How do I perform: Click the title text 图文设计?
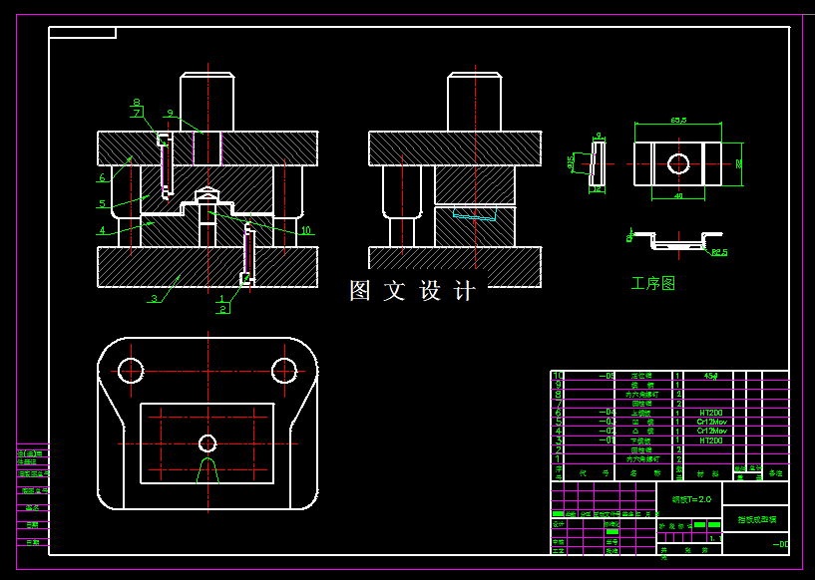point(412,291)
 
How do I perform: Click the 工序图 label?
point(653,284)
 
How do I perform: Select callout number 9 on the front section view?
point(171,114)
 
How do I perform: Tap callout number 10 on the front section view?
point(305,230)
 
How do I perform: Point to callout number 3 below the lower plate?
point(154,298)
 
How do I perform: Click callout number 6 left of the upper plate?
point(102,178)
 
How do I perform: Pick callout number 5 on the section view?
point(102,204)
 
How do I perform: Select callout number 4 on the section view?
point(102,230)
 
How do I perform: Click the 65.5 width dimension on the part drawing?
point(678,121)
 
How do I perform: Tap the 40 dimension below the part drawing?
point(678,196)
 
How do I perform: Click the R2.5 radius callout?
point(719,252)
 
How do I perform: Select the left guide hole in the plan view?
point(131,371)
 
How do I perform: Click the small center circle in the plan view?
point(207,442)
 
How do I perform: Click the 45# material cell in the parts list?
point(710,377)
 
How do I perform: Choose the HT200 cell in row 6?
point(710,412)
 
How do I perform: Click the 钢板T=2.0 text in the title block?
point(690,499)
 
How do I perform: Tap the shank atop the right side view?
point(474,102)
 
